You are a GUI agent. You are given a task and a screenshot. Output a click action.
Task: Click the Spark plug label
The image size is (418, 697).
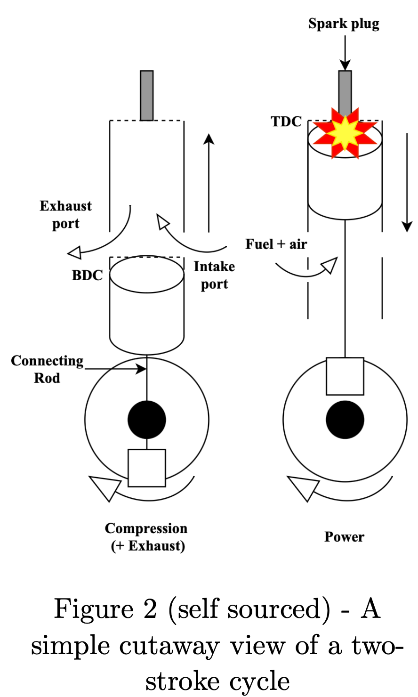[344, 24]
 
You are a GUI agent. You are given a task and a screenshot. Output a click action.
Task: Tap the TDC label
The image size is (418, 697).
[287, 122]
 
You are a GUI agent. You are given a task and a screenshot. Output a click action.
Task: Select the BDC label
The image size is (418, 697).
[88, 276]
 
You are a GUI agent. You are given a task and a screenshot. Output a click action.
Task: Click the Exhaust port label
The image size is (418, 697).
[65, 215]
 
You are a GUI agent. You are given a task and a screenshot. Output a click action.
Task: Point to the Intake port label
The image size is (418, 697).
[214, 276]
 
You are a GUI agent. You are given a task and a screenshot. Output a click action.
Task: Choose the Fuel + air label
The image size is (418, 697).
[276, 244]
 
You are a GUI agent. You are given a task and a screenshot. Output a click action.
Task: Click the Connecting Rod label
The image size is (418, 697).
[47, 369]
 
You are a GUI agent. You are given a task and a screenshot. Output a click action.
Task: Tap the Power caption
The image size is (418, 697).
[344, 537]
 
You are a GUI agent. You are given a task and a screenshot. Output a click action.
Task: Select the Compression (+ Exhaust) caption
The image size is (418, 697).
[146, 537]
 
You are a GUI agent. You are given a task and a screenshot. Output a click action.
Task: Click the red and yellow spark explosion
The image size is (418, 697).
[345, 133]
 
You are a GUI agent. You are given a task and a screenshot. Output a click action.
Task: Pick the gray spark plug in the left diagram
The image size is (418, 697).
[147, 96]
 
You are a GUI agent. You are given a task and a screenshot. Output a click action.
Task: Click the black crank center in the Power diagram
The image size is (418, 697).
[345, 420]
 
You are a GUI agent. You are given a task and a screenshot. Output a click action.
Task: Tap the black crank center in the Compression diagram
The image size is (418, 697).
[147, 420]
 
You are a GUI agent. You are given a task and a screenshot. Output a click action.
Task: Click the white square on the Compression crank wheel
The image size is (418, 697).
[147, 468]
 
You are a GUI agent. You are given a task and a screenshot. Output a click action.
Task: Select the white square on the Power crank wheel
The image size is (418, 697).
[345, 376]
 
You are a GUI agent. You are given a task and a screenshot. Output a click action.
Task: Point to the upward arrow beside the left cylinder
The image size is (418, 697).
[209, 183]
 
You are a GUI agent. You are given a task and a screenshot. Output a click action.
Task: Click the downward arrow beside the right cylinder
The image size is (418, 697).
[407, 183]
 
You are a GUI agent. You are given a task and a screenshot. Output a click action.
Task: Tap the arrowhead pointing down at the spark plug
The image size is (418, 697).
[345, 65]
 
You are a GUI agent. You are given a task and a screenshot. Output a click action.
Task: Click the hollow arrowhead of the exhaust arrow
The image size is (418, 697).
[75, 252]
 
